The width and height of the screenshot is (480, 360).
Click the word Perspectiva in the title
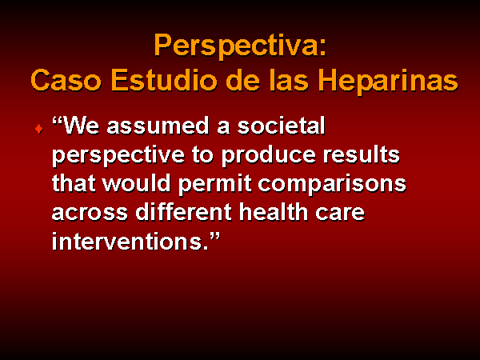[x=237, y=46]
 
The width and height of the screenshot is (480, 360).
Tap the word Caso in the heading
[x=66, y=80]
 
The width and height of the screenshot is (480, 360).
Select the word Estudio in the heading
[x=166, y=79]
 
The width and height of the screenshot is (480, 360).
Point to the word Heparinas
[x=389, y=82]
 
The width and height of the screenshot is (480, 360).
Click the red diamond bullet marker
[x=39, y=129]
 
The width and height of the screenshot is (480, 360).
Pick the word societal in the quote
[x=282, y=126]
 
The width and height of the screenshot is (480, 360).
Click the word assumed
[x=158, y=126]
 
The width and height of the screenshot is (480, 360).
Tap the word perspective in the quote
[x=118, y=156]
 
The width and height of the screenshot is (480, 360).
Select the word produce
[x=269, y=156]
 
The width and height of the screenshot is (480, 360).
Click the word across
[x=90, y=213]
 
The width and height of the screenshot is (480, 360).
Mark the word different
[x=184, y=211]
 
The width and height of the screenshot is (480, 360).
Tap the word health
[x=274, y=211]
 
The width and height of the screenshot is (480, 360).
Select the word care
[x=340, y=213]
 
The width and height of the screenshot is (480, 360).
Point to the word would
[x=136, y=183]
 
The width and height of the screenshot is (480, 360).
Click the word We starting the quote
[x=80, y=126]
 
